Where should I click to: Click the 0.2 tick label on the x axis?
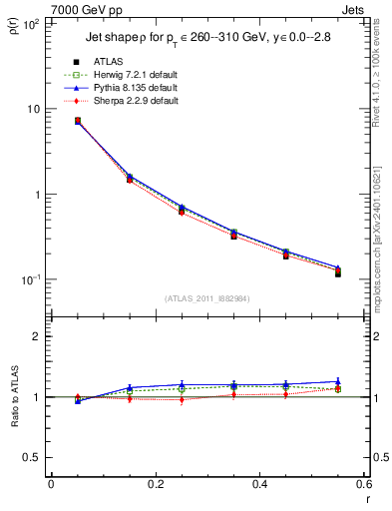pyautogui.click(x=155, y=485)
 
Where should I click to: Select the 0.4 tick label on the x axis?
pyautogui.click(x=259, y=485)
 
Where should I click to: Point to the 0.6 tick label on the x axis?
pyautogui.click(x=363, y=485)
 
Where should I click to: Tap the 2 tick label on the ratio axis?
pyautogui.click(x=39, y=337)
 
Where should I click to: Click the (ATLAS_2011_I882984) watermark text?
pyautogui.click(x=206, y=298)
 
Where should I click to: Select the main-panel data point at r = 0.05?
pyautogui.click(x=77, y=121)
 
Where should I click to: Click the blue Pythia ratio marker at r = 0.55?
pyautogui.click(x=338, y=381)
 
